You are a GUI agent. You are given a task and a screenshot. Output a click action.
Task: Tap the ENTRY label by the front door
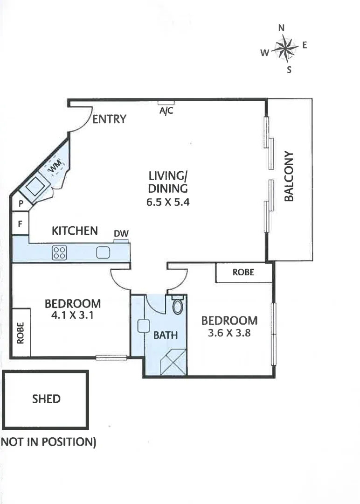coord(109,119)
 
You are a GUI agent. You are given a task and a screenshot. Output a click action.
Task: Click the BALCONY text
coord(289,176)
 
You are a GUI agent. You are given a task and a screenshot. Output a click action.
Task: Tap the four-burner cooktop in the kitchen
coord(59,252)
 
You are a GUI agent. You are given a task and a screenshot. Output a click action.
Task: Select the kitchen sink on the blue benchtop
coord(103,252)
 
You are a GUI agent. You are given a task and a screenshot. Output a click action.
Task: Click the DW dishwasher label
coord(121,234)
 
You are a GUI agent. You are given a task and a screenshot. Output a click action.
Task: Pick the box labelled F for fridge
coord(20,223)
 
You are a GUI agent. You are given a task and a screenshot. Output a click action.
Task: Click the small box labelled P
coord(21,203)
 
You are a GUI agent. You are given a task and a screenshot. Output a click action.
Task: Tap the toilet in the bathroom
coord(178,306)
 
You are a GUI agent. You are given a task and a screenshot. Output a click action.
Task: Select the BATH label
coord(166,335)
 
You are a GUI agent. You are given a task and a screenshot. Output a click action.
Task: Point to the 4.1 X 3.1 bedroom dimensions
coord(73,315)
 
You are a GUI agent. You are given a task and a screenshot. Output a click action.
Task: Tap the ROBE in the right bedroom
coord(243,273)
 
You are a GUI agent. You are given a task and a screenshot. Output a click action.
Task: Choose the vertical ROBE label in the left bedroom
coord(21,333)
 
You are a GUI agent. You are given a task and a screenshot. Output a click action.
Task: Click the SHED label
coord(46,399)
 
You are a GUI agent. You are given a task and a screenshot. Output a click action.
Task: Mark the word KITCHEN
coord(75,231)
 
